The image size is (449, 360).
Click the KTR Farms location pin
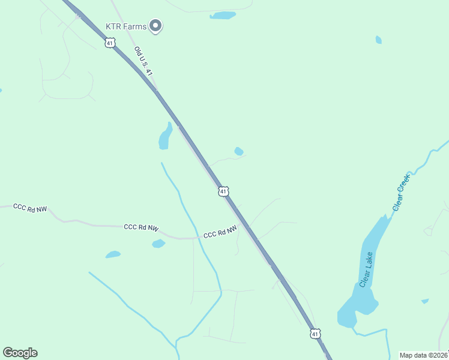click(156, 25)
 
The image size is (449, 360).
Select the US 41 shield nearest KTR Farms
click(109, 43)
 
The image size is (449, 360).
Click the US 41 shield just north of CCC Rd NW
click(223, 191)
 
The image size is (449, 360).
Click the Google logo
click(20, 353)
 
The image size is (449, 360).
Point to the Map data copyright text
click(423, 355)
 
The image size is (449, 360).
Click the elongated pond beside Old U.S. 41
click(164, 137)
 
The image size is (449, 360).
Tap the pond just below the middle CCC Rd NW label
click(158, 244)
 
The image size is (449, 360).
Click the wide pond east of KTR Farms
click(223, 15)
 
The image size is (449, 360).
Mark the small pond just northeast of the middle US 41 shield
click(239, 151)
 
